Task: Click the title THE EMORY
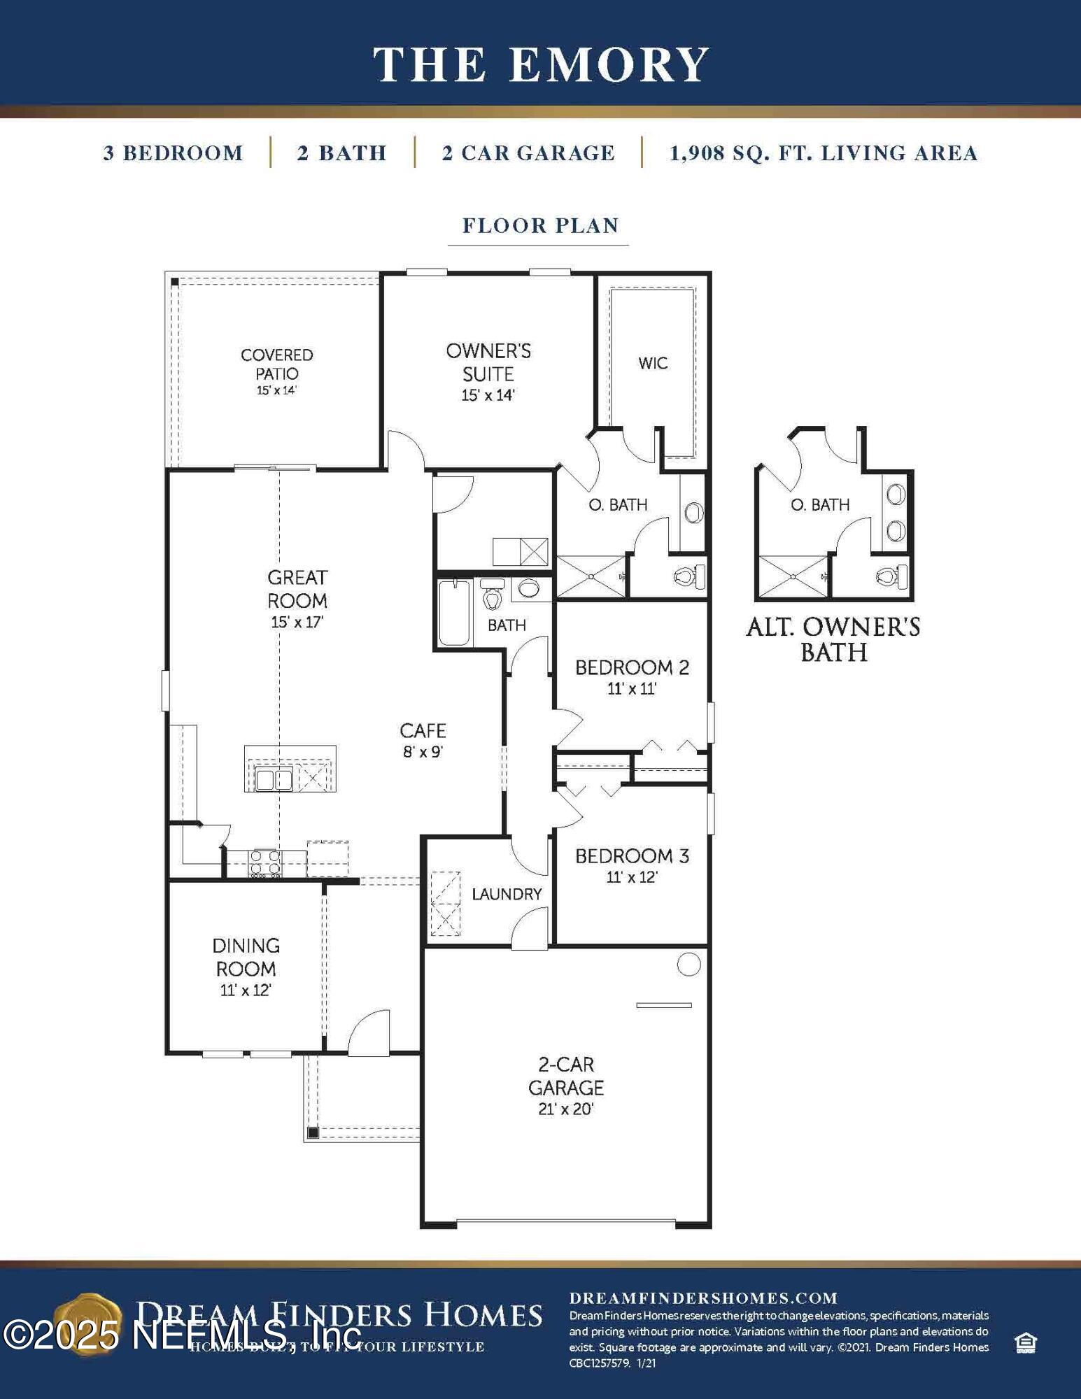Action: tap(541, 64)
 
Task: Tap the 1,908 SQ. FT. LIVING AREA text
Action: tap(824, 153)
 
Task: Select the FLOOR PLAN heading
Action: tap(540, 226)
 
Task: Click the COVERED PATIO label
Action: tap(277, 364)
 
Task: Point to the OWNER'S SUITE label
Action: tap(488, 362)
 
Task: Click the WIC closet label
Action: tap(653, 363)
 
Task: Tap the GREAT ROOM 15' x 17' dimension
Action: tap(297, 622)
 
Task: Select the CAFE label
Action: tap(423, 731)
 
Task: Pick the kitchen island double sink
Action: tap(274, 779)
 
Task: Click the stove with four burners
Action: tap(266, 864)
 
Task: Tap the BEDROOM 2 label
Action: tap(632, 668)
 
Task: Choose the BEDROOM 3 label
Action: tap(632, 856)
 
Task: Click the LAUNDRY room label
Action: tap(507, 894)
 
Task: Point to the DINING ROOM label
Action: tap(246, 957)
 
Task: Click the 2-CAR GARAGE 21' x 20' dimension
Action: tap(565, 1109)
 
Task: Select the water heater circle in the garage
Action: tap(689, 965)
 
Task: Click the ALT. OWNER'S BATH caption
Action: tap(833, 639)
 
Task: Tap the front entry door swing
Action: tap(369, 1033)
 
